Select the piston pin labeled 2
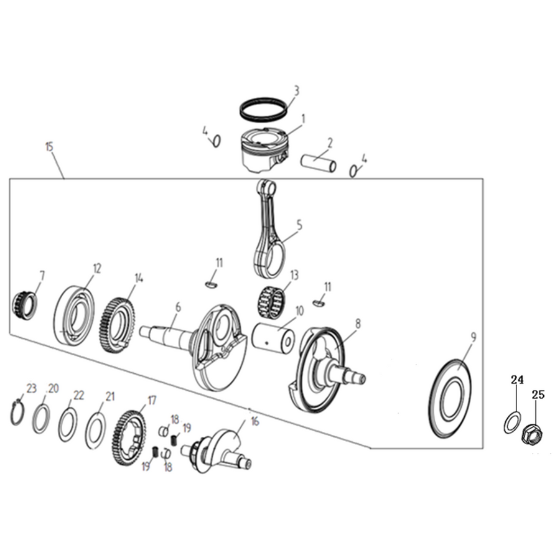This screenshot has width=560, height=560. [x=319, y=164]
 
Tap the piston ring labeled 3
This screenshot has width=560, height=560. [x=263, y=108]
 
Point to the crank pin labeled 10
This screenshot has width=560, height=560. [x=274, y=337]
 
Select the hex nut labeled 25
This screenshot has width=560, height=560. [x=533, y=434]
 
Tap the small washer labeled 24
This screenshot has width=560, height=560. [x=511, y=422]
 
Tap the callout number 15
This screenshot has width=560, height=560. [x=49, y=147]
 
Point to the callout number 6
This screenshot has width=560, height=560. [x=178, y=307]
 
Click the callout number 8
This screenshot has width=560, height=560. [x=358, y=324]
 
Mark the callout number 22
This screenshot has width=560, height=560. [x=78, y=395]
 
